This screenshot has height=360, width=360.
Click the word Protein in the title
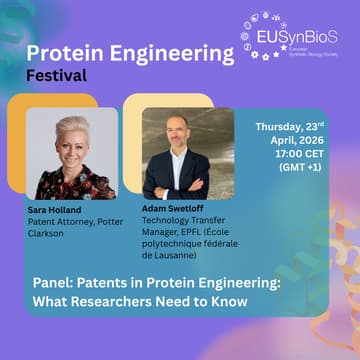pyautogui.click(x=61, y=54)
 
